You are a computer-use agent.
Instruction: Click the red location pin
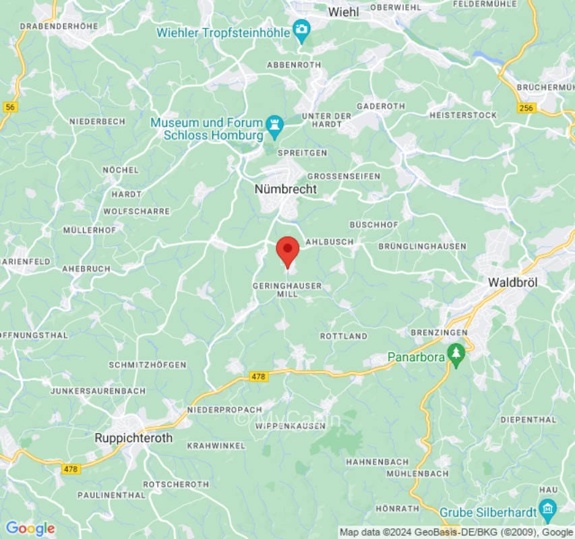[288, 251]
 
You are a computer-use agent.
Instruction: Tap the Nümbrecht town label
[285, 189]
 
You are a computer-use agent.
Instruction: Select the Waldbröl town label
[512, 283]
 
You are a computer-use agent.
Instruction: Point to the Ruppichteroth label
[133, 438]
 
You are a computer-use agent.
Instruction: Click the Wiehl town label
[343, 11]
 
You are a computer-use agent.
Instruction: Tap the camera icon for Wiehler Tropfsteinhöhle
[301, 29]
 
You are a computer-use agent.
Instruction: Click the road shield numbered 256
[527, 107]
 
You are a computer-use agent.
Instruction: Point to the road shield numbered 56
[9, 107]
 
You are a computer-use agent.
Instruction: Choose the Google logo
[30, 529]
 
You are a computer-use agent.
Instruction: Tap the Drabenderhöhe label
[59, 26]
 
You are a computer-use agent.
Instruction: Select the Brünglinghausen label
[422, 247]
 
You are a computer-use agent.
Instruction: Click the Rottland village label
[344, 336]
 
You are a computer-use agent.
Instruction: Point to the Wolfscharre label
[137, 211]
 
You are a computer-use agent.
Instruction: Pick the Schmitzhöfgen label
[148, 364]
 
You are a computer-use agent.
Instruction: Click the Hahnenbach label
[377, 462]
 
